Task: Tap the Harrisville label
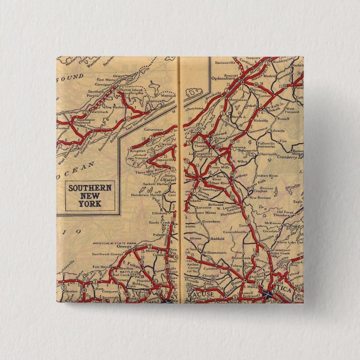[281, 153]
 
